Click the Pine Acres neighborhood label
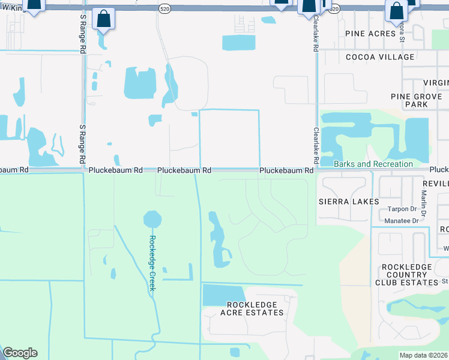coord(370,34)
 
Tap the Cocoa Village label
coord(380,57)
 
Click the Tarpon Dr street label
coord(402,209)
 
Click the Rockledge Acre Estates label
coord(252,308)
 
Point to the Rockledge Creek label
coord(152,262)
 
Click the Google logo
coord(20,353)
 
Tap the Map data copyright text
coord(424,355)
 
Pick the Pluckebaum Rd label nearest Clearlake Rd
coord(286,171)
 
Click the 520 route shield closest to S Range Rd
coord(164,9)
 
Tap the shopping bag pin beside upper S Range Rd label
coord(104,20)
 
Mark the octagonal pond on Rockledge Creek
coord(152,218)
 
